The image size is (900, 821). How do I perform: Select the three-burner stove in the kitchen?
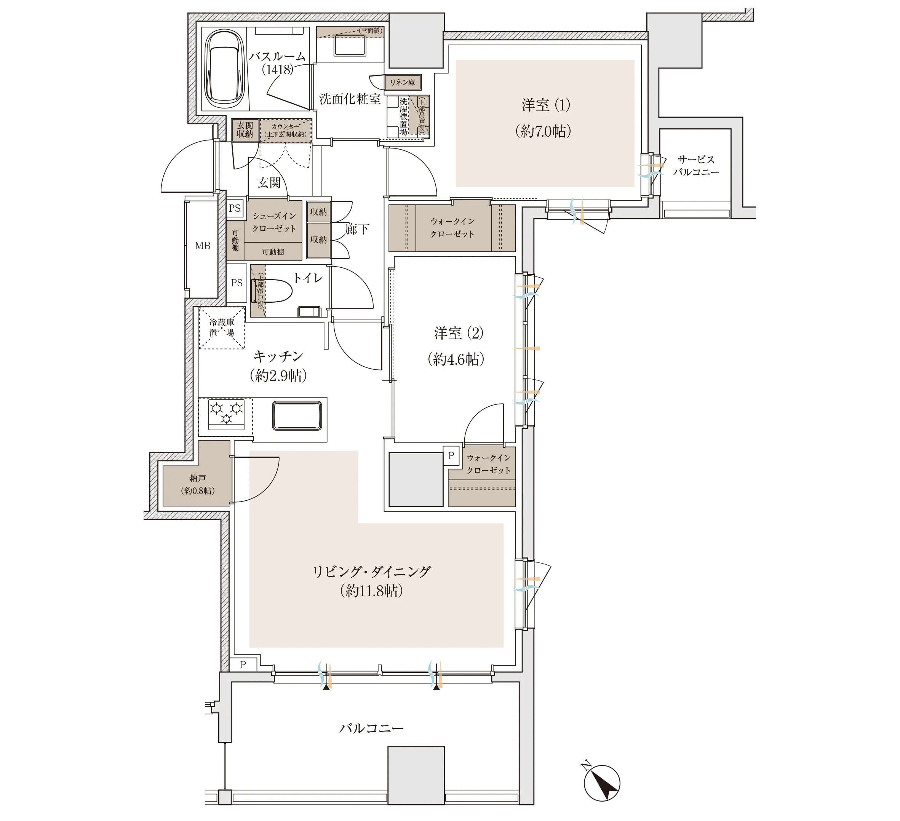(226, 414)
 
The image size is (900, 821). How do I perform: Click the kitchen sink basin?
(297, 415)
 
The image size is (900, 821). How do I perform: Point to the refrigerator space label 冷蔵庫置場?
(222, 327)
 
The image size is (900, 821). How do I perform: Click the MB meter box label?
(203, 246)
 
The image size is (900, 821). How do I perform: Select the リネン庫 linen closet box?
(403, 82)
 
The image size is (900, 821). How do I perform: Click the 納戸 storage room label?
(198, 478)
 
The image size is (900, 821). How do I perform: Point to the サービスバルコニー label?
(696, 166)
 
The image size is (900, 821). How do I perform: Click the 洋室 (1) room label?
(545, 105)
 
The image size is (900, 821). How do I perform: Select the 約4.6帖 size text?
(456, 359)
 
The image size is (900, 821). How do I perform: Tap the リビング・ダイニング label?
(371, 572)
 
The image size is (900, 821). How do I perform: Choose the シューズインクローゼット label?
(274, 222)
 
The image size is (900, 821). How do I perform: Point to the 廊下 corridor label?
(357, 229)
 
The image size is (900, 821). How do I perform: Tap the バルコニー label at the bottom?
(371, 728)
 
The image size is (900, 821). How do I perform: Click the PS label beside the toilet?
(237, 283)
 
